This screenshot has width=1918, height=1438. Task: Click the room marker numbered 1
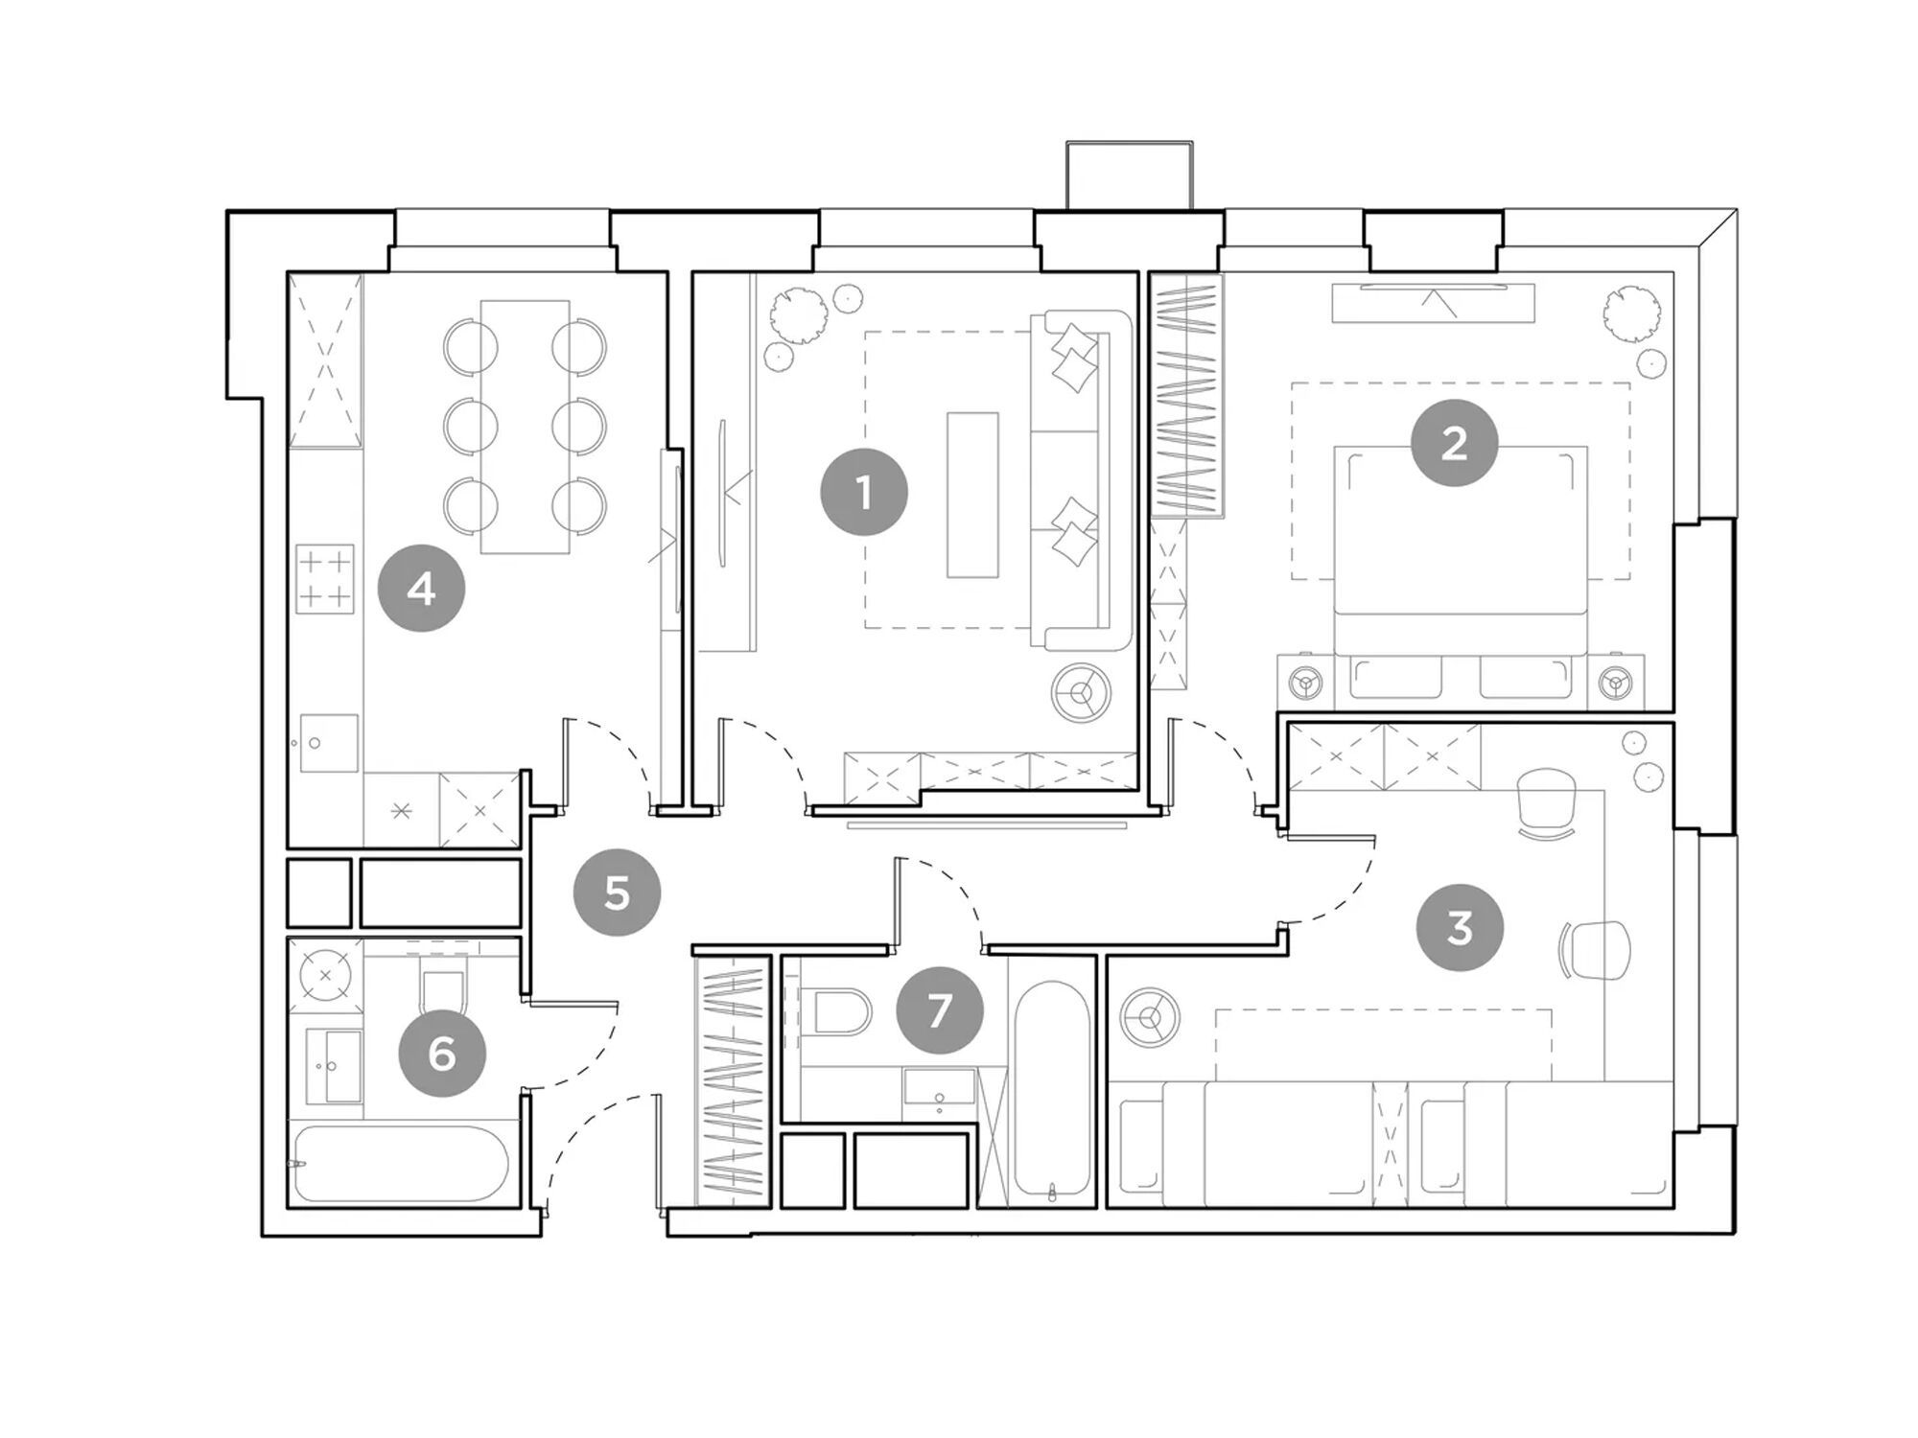point(863,493)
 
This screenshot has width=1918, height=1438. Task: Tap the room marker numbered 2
point(1454,443)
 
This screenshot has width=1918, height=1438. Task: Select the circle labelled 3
point(1460,927)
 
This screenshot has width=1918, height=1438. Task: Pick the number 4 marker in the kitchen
point(421,588)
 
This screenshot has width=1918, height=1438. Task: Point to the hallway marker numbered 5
point(617,893)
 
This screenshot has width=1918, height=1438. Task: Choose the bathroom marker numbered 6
point(442,1054)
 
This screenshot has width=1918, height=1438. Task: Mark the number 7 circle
point(939,1009)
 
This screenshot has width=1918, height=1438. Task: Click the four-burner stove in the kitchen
point(325,579)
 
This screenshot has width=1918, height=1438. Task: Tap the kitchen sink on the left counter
point(329,743)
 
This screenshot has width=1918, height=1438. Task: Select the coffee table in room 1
point(972,495)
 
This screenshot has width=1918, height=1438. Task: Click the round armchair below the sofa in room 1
point(1081,691)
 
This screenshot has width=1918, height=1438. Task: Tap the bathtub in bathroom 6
point(402,1164)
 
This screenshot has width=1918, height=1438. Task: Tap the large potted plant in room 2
point(1631,314)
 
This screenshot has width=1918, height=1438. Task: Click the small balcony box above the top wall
point(1130,175)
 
